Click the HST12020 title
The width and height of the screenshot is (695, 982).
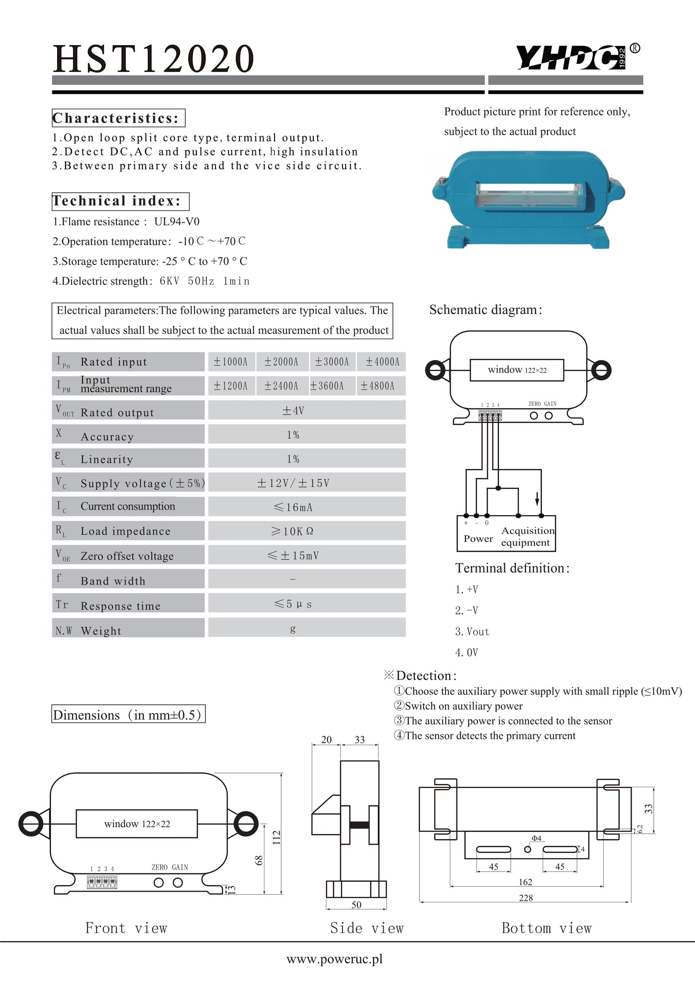click(154, 58)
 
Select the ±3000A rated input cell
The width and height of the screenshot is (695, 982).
click(332, 362)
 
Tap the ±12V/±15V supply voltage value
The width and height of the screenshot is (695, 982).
click(293, 483)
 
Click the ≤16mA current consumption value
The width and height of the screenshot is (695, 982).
click(293, 507)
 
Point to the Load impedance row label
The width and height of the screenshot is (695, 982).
click(125, 531)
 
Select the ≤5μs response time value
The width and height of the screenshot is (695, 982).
click(293, 604)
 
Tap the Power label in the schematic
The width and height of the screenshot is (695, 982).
click(478, 538)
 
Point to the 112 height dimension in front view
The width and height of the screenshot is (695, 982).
click(276, 837)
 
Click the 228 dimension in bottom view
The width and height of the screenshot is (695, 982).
click(526, 898)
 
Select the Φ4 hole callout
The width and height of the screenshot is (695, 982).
click(536, 838)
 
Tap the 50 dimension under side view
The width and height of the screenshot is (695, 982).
click(356, 905)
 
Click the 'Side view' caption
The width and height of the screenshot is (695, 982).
click(367, 928)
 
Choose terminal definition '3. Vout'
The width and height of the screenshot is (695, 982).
click(472, 631)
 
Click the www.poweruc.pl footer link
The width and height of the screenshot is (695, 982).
click(335, 959)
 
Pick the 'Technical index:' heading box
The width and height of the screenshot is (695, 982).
click(120, 201)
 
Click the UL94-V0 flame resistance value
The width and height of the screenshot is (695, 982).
click(177, 222)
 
